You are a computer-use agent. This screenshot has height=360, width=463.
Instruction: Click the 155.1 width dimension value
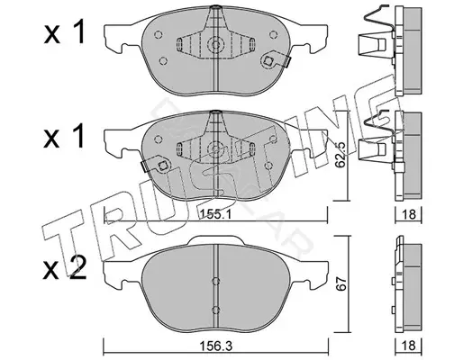coord(214,214)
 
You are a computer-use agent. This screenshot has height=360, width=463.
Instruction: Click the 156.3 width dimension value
coord(217,346)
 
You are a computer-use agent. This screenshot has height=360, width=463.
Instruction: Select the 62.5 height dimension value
coord(340,154)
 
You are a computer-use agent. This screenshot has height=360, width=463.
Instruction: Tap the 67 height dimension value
coord(341,283)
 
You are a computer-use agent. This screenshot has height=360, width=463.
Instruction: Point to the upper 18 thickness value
coord(409,214)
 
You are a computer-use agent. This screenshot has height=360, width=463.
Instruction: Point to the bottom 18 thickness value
coord(409,346)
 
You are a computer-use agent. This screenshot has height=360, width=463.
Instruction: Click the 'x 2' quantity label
coord(65,268)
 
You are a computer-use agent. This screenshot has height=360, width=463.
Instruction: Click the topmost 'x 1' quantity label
coord(65,33)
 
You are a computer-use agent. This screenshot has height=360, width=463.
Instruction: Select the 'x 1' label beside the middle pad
coord(64,137)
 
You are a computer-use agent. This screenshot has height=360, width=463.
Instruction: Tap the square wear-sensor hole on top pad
coord(268,61)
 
